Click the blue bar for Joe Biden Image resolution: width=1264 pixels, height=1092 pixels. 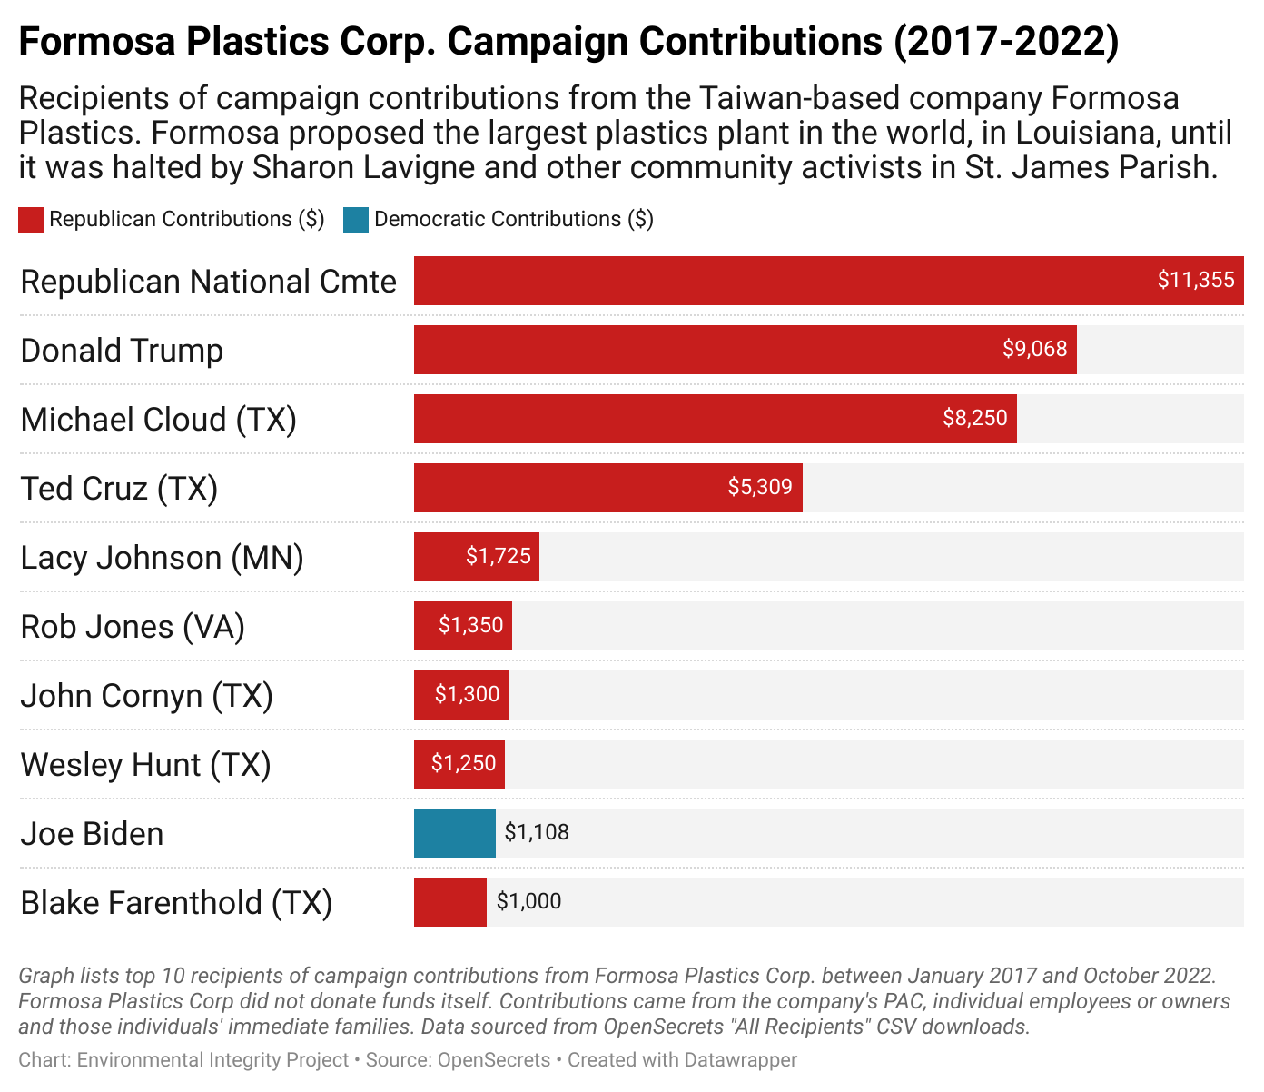click(x=454, y=833)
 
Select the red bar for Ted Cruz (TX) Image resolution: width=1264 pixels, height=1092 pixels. click(x=607, y=488)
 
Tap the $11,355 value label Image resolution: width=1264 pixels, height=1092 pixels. click(x=1195, y=280)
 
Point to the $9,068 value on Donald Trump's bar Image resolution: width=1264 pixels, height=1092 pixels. click(x=1034, y=349)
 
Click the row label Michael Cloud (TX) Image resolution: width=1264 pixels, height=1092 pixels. click(x=159, y=420)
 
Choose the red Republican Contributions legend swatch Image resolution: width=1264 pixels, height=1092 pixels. click(x=31, y=220)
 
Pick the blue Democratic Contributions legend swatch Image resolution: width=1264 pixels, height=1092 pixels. click(x=356, y=220)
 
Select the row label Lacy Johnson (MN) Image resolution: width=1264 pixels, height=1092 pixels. click(x=162, y=558)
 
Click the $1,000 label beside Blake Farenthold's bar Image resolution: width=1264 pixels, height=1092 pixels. click(x=528, y=901)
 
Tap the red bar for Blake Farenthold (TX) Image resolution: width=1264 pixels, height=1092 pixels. click(x=449, y=902)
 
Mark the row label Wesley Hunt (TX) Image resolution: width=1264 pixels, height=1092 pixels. click(x=145, y=765)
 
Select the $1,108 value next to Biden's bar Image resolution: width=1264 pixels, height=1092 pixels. click(x=537, y=832)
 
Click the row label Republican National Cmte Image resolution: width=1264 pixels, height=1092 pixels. click(x=208, y=282)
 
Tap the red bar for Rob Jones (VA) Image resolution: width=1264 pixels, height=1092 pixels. click(x=462, y=626)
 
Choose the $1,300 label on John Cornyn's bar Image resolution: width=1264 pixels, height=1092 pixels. click(x=467, y=694)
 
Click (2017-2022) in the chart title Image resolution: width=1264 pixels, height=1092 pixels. click(x=1006, y=42)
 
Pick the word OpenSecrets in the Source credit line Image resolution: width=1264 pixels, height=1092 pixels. click(x=494, y=1060)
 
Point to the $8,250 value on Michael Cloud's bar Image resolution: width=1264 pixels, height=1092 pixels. click(x=974, y=418)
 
